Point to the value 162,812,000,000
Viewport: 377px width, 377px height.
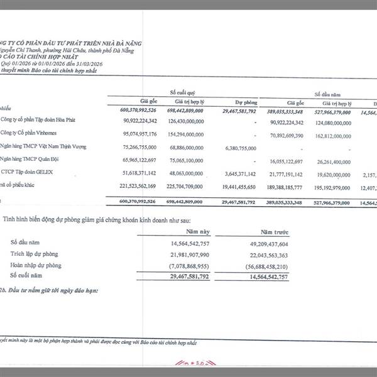pyautogui.click(x=342, y=134)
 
